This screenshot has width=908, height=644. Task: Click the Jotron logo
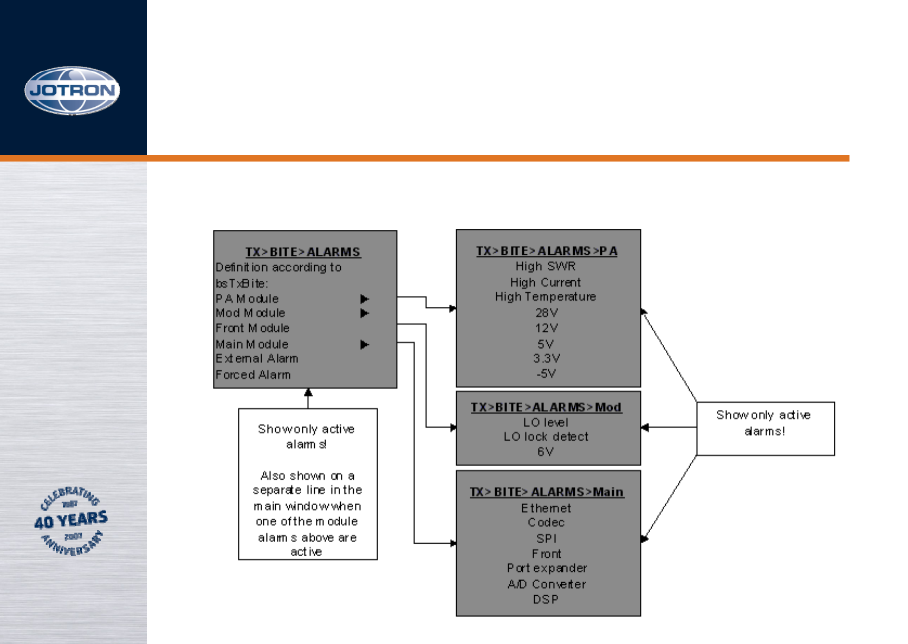72,91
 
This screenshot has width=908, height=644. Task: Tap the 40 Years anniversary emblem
71,521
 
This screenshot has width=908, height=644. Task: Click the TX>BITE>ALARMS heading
303,252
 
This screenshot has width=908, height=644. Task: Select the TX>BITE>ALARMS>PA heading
547,251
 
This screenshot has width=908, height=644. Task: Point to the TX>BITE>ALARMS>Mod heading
546,407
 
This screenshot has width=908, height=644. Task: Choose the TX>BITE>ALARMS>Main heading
547,492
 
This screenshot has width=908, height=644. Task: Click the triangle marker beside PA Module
365,299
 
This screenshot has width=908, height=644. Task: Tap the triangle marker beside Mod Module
365,313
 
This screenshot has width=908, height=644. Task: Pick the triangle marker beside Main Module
365,345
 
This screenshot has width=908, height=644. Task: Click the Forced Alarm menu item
253,375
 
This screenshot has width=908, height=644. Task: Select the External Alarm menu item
257,358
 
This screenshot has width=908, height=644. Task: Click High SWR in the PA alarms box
546,266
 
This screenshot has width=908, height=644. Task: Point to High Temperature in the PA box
546,297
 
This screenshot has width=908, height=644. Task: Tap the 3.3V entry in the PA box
546,358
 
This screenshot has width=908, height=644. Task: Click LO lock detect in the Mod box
546,436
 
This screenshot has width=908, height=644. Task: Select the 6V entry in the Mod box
546,452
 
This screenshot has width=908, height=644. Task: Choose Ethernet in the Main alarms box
546,508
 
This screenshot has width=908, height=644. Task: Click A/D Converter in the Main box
547,584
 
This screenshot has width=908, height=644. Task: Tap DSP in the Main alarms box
546,599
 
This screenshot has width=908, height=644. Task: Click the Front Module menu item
252,328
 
